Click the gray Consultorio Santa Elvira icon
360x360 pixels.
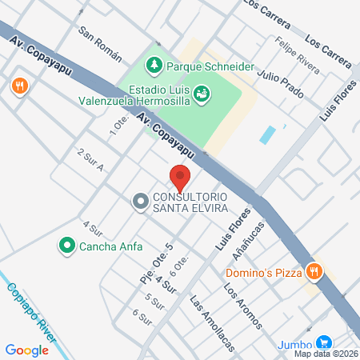[140, 202]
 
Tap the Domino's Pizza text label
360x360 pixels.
[263, 272]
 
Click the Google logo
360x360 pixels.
[26, 350]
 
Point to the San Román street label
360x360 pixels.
[99, 43]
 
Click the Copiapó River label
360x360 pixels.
[30, 310]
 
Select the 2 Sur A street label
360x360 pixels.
[90, 159]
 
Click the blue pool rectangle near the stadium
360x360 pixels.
[268, 134]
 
